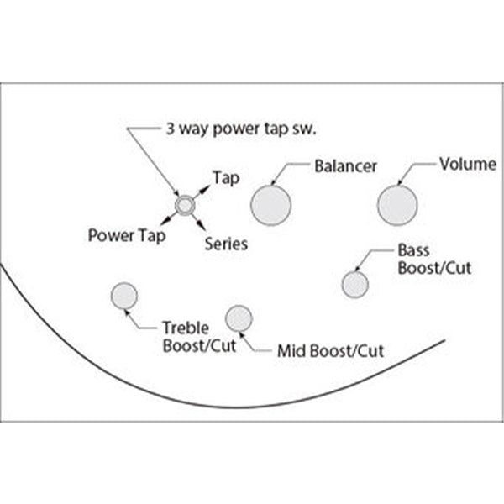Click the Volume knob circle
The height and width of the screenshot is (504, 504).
pos(397,205)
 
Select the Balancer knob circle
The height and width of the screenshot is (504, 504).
pos(270,204)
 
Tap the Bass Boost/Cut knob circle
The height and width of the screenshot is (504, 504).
pos(354,284)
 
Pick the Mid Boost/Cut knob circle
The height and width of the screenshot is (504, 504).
pos(239,318)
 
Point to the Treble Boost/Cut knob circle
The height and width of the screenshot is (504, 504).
pos(124,296)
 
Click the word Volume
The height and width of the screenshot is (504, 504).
pos(468,164)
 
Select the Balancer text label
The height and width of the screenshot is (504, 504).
pos(345,165)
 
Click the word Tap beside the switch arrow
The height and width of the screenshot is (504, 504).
pos(226,178)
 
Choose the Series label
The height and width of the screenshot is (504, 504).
pos(226,244)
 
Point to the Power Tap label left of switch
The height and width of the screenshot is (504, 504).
pos(127,235)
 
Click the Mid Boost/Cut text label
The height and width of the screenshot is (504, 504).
pos(330,350)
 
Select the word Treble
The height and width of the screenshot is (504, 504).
pos(186,329)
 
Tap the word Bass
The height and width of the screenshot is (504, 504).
pos(413,251)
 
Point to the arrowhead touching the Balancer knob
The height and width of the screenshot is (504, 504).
pos(275,181)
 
